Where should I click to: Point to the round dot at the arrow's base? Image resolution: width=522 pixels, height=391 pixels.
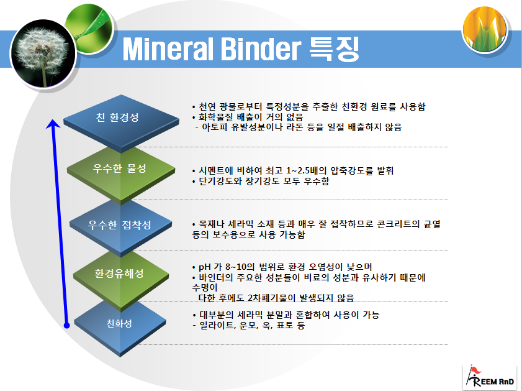[66, 324]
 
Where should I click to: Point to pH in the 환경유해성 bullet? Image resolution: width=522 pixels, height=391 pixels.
[204, 267]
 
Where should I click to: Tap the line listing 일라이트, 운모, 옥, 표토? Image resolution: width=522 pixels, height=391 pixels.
[248, 325]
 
